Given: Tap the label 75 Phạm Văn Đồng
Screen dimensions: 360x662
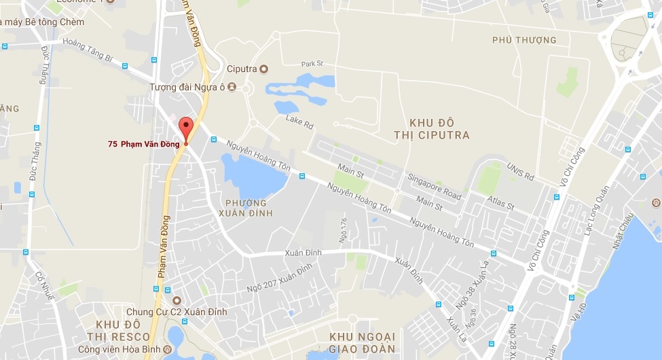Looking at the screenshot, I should (x=143, y=143).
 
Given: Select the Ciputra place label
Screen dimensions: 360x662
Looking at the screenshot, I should (x=242, y=68).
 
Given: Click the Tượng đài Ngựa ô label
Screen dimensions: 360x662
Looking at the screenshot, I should (x=187, y=87).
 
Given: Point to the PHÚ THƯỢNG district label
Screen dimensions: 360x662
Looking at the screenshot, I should (x=524, y=40).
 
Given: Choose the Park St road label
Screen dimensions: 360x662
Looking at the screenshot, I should (x=312, y=64).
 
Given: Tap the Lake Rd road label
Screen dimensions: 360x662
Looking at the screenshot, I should (x=299, y=123).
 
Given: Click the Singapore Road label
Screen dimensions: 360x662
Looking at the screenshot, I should (x=435, y=186).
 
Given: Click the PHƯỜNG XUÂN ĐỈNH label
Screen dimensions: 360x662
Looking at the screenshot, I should (x=246, y=208).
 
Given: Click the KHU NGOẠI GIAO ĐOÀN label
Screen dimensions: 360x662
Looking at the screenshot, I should (x=361, y=343).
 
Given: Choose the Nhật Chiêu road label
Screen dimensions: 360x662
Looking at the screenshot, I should (x=623, y=229).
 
